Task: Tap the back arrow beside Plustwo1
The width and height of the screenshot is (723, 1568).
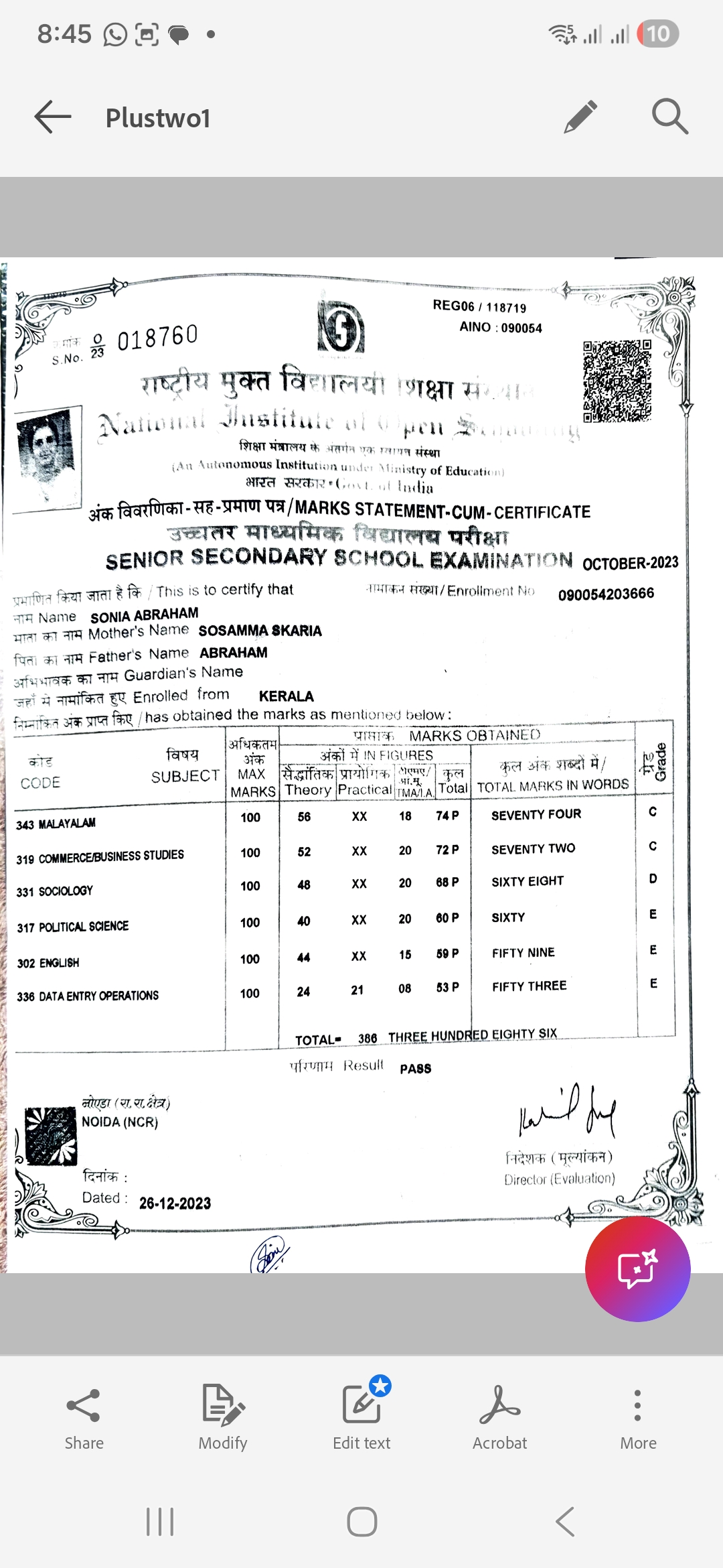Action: click(53, 117)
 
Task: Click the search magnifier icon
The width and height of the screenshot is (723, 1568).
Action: click(669, 117)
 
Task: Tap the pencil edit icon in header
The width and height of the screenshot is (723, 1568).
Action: click(580, 117)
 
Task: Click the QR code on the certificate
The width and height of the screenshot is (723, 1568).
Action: click(617, 381)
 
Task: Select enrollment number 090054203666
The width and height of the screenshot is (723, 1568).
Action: click(606, 594)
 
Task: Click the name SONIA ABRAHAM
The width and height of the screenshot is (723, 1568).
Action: click(145, 615)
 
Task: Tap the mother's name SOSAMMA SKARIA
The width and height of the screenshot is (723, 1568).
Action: click(260, 631)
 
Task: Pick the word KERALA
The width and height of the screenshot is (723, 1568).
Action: click(286, 696)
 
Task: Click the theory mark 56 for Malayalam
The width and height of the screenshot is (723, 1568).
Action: click(304, 817)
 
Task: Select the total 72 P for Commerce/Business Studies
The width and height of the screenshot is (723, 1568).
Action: click(447, 850)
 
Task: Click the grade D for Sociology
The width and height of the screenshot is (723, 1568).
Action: click(653, 878)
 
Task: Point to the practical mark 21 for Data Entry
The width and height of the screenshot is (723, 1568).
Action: click(357, 990)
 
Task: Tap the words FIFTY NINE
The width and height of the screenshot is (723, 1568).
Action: click(523, 953)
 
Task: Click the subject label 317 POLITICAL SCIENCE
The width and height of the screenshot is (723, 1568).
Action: click(73, 927)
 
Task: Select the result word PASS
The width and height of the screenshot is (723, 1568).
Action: click(415, 1069)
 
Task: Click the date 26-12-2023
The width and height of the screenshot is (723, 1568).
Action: click(175, 1203)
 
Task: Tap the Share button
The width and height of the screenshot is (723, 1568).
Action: click(84, 1418)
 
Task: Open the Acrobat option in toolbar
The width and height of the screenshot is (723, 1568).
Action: click(499, 1418)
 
